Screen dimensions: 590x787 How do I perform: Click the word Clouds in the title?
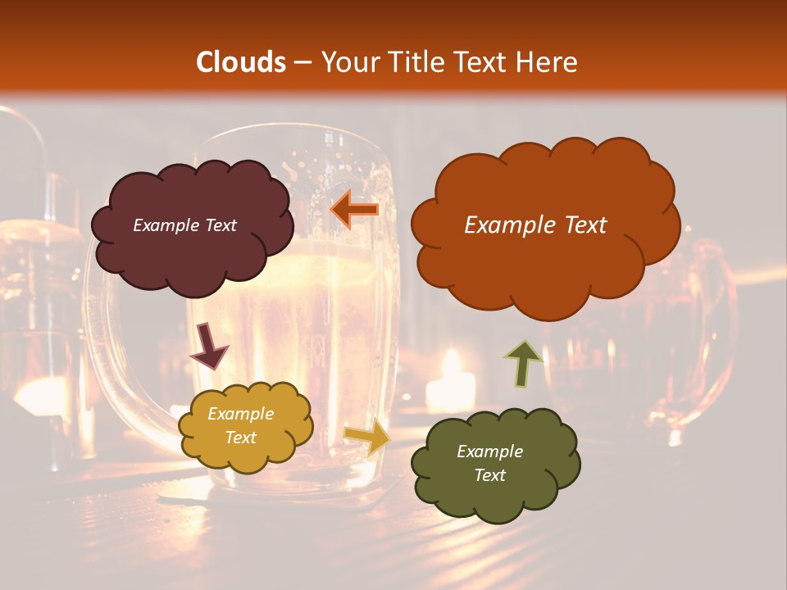pyautogui.click(x=241, y=61)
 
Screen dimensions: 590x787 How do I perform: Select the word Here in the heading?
pyautogui.click(x=548, y=61)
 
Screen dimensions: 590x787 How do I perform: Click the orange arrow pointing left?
pyautogui.click(x=354, y=210)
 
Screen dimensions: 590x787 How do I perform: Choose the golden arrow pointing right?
pyautogui.click(x=367, y=437)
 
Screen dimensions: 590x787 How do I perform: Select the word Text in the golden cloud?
pyautogui.click(x=241, y=438)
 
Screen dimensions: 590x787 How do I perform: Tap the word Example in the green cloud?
pyautogui.click(x=489, y=452)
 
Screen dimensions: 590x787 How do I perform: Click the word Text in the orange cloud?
pyautogui.click(x=585, y=225)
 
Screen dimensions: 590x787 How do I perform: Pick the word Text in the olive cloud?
pyautogui.click(x=489, y=475)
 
